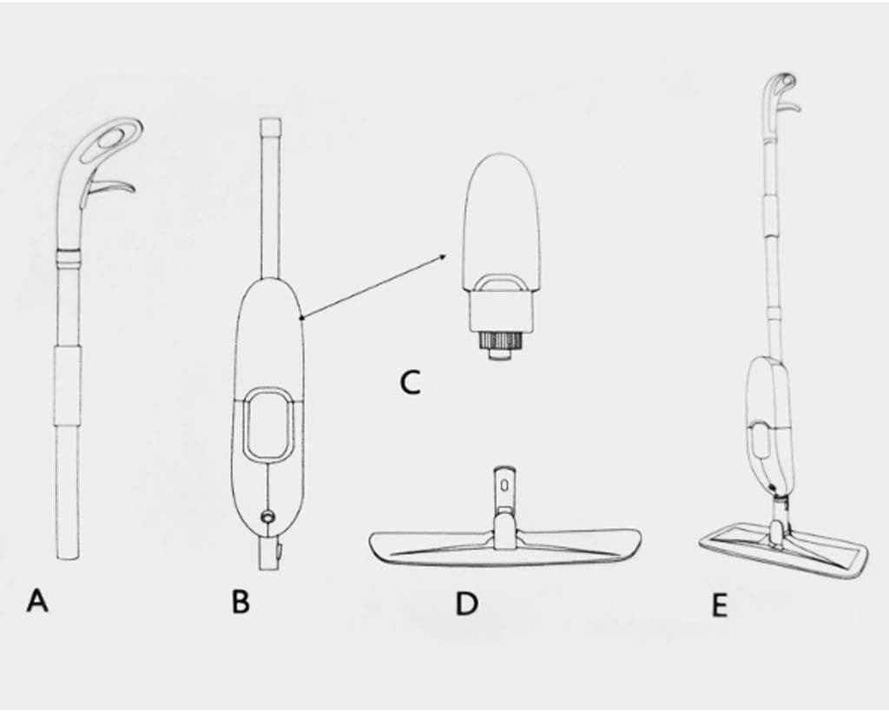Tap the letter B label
click(x=240, y=602)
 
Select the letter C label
click(x=410, y=382)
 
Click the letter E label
click(x=719, y=605)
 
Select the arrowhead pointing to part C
click(x=441, y=257)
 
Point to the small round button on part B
click(x=267, y=517)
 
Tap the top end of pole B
click(x=270, y=119)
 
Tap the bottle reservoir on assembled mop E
click(x=767, y=422)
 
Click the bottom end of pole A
click(x=68, y=557)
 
